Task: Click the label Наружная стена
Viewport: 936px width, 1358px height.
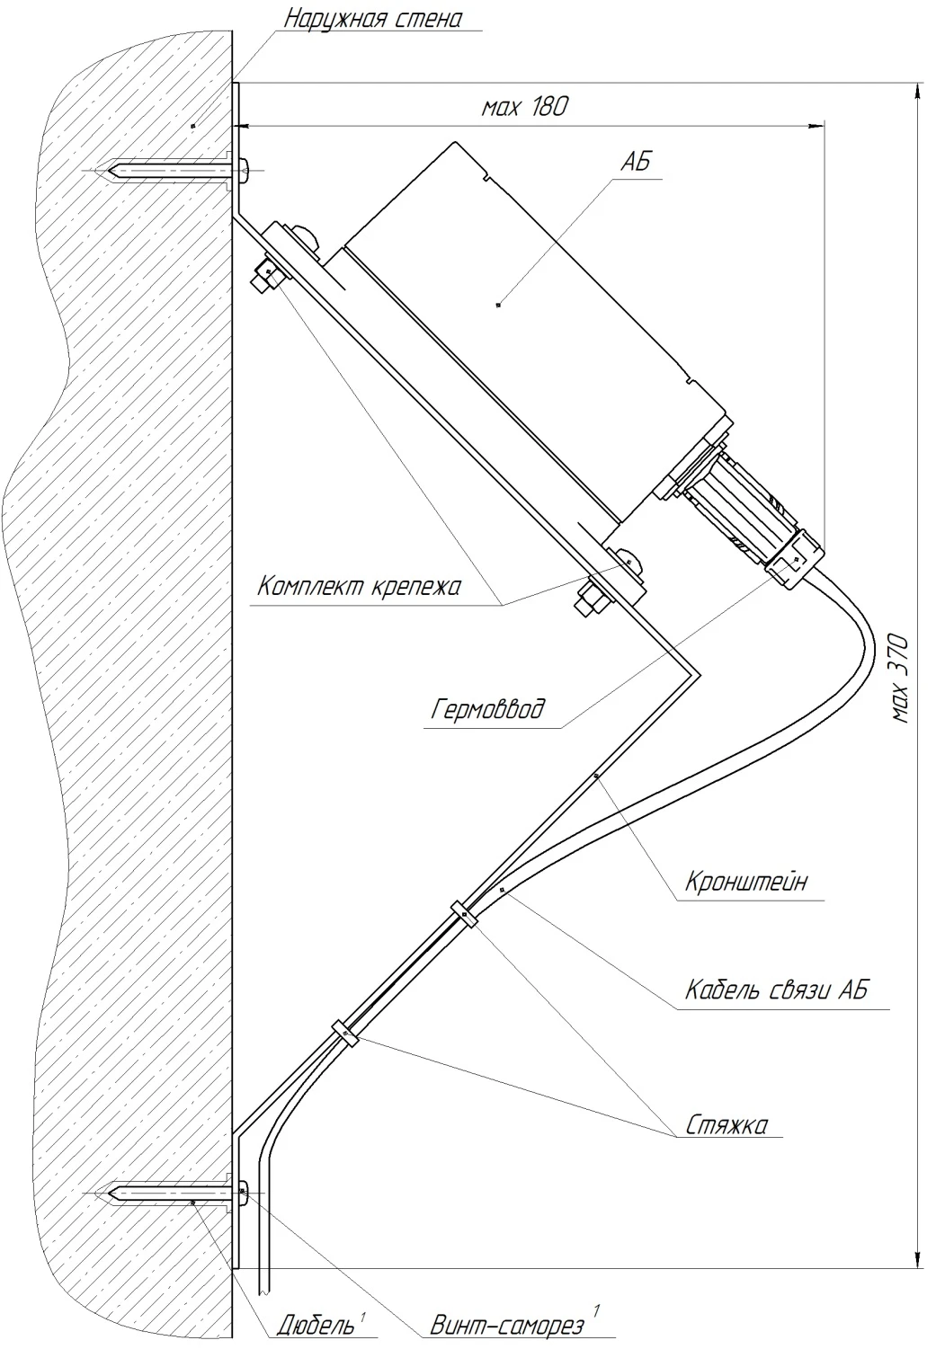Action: [x=372, y=19]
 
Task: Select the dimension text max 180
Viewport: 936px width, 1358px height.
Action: [x=525, y=107]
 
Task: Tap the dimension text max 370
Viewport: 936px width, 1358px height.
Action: [x=901, y=679]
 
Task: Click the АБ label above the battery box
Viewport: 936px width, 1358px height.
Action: [x=635, y=163]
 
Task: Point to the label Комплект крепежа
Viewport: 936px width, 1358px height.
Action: [x=358, y=588]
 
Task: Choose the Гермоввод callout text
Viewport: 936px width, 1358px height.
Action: [x=487, y=711]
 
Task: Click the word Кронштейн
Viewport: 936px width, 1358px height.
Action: [x=745, y=882]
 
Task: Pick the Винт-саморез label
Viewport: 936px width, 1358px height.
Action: [x=507, y=1326]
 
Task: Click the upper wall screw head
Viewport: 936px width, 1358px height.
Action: [x=245, y=169]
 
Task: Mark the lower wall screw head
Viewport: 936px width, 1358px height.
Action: [x=244, y=1192]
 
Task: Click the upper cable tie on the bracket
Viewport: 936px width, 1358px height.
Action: [x=463, y=914]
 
